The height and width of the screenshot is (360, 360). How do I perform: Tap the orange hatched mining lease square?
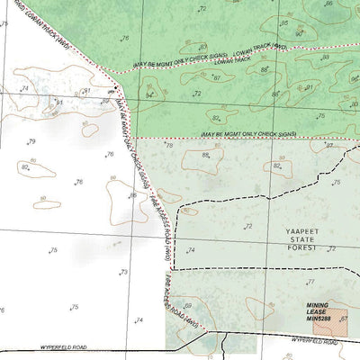[329, 319]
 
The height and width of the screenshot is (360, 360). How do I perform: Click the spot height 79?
[31, 142]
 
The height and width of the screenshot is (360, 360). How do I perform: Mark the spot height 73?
[123, 272]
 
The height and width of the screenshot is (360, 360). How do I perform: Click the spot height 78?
[168, 146]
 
